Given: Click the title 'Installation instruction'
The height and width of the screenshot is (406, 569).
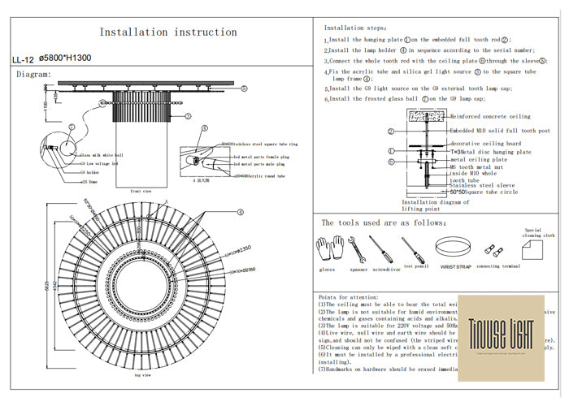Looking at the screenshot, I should (x=168, y=32).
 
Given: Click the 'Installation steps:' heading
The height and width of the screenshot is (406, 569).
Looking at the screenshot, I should (x=354, y=27).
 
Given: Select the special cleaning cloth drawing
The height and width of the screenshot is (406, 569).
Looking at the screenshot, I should (x=532, y=244).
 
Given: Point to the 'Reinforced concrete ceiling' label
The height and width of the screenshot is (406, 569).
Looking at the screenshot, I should (x=489, y=116).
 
